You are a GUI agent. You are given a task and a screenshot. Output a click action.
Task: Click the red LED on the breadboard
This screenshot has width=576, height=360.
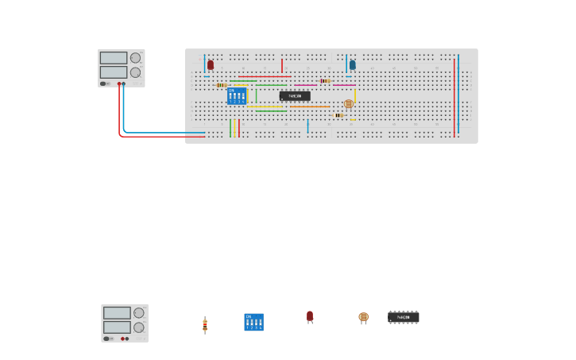(211, 64)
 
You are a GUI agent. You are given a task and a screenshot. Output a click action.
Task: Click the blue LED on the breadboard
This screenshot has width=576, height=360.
(353, 64)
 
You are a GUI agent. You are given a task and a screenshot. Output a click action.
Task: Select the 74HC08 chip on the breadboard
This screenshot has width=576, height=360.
(295, 95)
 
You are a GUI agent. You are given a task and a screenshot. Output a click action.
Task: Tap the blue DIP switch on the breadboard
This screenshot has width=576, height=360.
(237, 96)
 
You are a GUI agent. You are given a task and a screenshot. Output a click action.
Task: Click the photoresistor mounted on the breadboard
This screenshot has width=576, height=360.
(349, 103)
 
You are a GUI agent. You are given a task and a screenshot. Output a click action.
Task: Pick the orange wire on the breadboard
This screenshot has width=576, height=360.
(310, 106)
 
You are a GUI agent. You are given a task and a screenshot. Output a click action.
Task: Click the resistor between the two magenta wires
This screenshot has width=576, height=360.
(325, 81)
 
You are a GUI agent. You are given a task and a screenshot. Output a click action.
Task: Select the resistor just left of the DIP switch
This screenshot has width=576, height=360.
(221, 85)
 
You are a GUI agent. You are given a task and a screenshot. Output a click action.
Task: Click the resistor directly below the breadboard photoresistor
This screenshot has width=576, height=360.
(339, 115)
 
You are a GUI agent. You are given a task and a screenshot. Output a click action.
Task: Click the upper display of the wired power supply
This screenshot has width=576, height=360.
(114, 58)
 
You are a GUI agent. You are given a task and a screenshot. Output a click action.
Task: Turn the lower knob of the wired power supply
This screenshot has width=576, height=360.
(135, 72)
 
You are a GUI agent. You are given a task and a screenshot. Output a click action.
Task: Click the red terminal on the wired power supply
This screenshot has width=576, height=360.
(119, 83)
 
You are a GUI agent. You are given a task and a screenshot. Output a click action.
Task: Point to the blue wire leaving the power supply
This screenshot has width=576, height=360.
(124, 111)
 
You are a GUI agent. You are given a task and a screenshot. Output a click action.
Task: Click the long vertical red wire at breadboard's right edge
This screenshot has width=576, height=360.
(454, 95)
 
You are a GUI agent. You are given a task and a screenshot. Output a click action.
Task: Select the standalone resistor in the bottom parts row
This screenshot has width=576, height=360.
(205, 324)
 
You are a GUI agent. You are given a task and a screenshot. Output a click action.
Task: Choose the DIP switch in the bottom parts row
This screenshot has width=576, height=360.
(253, 322)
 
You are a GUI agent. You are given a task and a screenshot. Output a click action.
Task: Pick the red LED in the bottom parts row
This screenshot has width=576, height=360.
(310, 316)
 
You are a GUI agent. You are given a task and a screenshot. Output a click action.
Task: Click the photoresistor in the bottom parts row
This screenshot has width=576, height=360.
(364, 317)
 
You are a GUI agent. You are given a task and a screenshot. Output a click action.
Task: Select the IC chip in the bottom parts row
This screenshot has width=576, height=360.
(404, 317)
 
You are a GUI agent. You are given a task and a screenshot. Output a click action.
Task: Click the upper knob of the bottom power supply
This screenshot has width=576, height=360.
(139, 313)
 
